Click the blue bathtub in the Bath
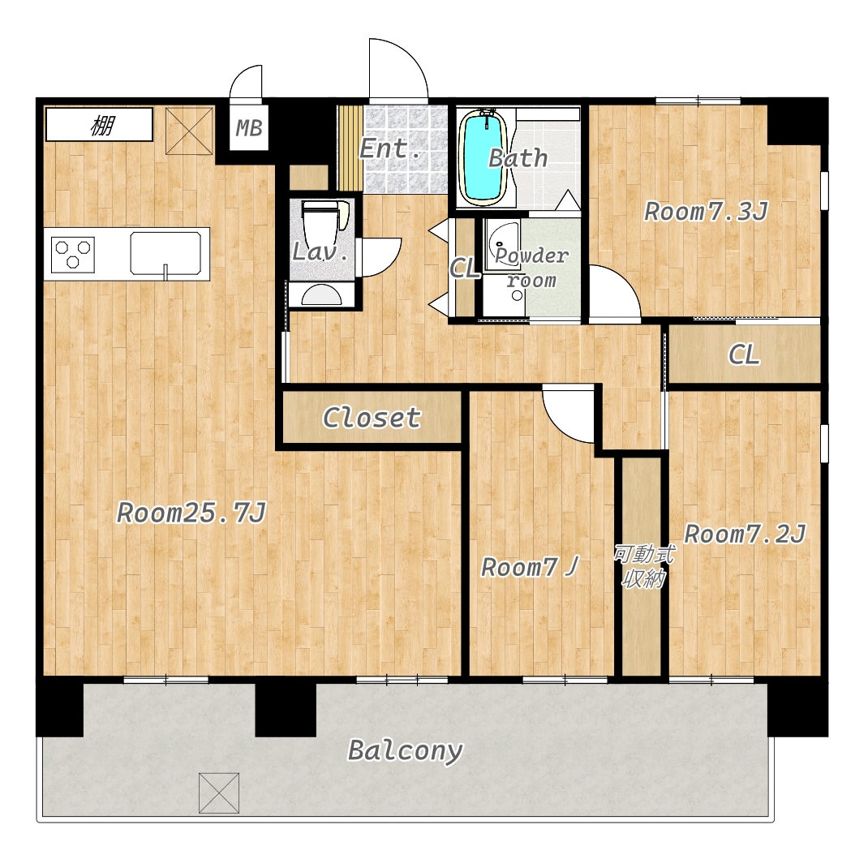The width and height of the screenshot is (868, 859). point(484,157)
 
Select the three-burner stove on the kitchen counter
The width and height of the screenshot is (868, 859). point(72,255)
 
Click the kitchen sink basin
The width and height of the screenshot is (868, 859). point(165,253)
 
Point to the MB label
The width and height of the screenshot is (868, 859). point(248,128)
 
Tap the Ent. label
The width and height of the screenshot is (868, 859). point(390,148)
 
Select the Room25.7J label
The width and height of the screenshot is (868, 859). point(191,513)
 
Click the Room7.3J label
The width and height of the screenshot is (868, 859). point(707,212)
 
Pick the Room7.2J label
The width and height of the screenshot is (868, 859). point(745,534)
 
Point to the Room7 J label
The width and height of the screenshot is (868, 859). point(530,567)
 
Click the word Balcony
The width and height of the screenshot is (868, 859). point(406,751)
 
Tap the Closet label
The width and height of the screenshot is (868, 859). point(372,417)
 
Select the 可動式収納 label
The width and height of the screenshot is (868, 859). point(643,566)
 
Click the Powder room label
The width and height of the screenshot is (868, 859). point(531,268)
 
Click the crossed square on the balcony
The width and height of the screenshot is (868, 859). point(219,793)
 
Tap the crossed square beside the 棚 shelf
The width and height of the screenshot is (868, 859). point(189,131)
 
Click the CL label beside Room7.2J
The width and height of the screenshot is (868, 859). point(744,354)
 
